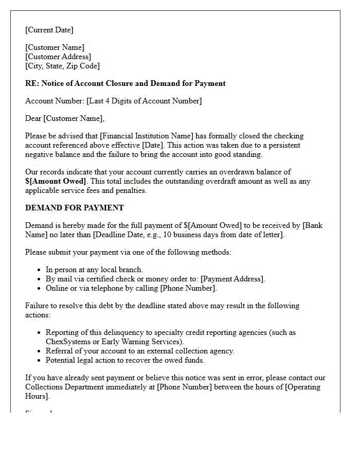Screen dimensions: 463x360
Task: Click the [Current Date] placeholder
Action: pyautogui.click(x=49, y=30)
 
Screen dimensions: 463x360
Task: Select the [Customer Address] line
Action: pyautogui.click(x=58, y=57)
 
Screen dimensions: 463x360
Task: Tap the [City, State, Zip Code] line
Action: pyautogui.click(x=62, y=66)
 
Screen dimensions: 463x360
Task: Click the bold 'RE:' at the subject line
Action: pyautogui.click(x=32, y=83)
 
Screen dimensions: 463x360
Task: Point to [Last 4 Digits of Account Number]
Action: pyautogui.click(x=144, y=101)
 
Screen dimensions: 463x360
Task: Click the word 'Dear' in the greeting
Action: pyautogui.click(x=33, y=118)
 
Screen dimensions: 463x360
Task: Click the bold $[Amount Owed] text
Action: pyautogui.click(x=56, y=181)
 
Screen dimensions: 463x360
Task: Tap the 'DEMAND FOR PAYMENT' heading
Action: pyautogui.click(x=75, y=208)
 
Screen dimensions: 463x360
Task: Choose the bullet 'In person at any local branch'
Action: pyautogui.click(x=94, y=270)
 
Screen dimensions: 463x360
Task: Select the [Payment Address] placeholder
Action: pyautogui.click(x=232, y=279)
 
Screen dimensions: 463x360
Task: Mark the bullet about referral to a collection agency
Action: pyautogui.click(x=140, y=351)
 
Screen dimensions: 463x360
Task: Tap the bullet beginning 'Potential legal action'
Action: pyautogui.click(x=125, y=360)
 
